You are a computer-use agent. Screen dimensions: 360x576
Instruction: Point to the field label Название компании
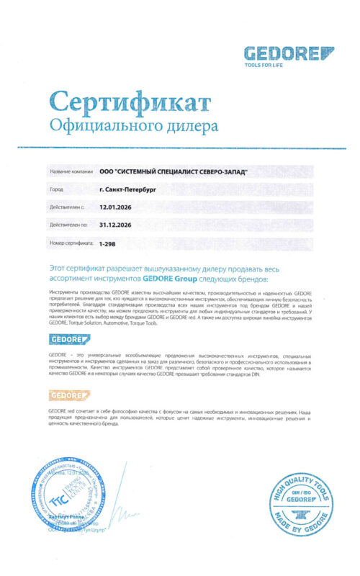[x=71, y=172]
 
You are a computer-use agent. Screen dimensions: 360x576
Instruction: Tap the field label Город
[x=56, y=189]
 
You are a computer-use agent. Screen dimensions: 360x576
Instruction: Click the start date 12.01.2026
[x=115, y=207]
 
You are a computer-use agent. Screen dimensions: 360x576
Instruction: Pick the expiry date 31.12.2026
[x=115, y=225]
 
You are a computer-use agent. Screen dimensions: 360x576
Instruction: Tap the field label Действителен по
[x=69, y=225]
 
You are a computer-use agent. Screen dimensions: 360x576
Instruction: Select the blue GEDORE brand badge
[x=69, y=339]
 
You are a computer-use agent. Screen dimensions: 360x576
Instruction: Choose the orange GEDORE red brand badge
[x=69, y=395]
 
